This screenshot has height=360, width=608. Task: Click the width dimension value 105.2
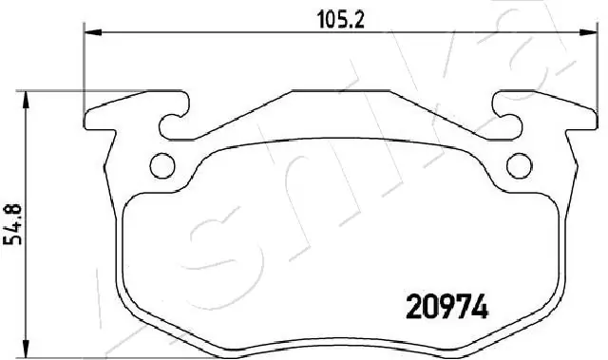328,18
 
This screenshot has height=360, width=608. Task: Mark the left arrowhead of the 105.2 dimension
92,32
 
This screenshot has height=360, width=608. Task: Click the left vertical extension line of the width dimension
85,66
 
